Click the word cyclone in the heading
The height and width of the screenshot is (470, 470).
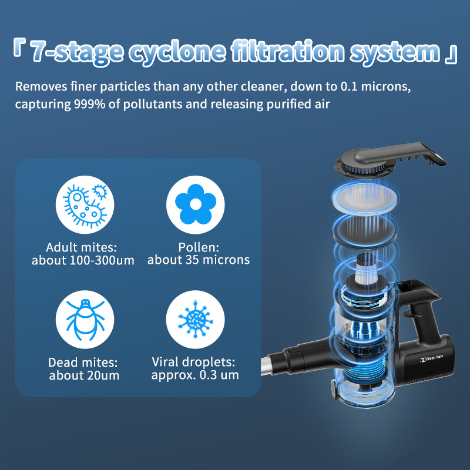[x=177, y=52]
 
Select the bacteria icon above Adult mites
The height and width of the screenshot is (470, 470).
[x=85, y=204]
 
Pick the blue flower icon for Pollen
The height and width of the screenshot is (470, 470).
[x=196, y=204]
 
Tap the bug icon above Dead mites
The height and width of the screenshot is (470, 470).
[x=85, y=320]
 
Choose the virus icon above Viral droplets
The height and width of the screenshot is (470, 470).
[x=196, y=320]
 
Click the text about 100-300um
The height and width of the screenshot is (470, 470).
[x=83, y=260]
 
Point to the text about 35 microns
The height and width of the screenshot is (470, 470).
[x=199, y=260]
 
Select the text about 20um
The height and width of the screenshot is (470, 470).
[x=84, y=375]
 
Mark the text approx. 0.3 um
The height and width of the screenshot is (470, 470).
[x=195, y=375]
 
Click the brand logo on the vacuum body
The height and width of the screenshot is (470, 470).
[x=431, y=358]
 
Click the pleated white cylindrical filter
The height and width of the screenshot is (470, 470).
[x=365, y=268]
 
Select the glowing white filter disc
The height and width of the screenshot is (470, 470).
[x=365, y=196]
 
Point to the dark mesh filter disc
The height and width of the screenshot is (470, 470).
[x=365, y=231]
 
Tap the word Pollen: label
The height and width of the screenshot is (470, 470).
[x=199, y=247]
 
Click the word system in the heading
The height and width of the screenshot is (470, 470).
[x=395, y=52]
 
